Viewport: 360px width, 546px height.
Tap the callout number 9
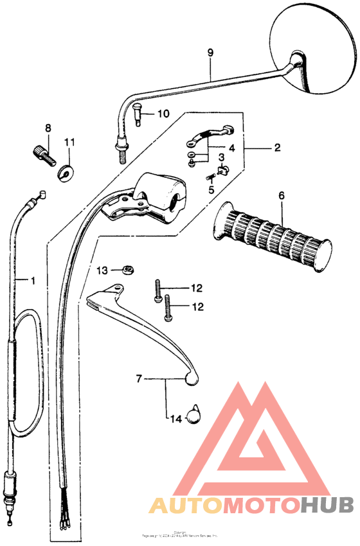[x=209, y=53]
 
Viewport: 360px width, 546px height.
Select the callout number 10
[x=163, y=114]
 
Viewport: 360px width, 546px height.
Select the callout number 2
[x=277, y=148]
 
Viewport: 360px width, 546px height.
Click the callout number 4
[x=231, y=148]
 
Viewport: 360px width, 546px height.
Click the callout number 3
[x=221, y=157]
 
